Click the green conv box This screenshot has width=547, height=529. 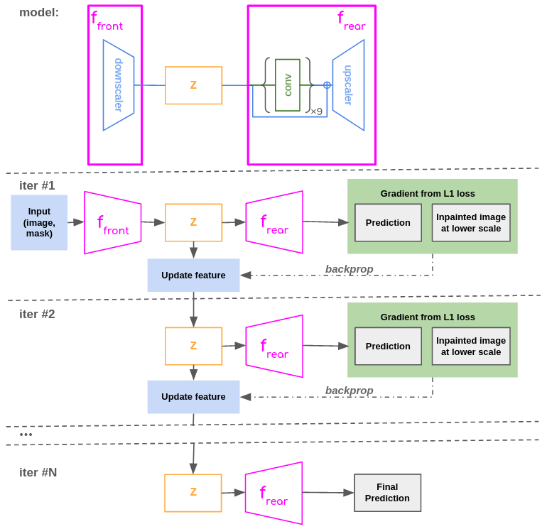point(287,85)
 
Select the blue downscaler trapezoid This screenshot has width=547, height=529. point(118,85)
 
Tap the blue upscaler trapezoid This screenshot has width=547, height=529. point(348,85)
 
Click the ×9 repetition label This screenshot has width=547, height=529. point(316,111)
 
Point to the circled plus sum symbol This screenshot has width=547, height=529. point(327,85)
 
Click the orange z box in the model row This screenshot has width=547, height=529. point(193,85)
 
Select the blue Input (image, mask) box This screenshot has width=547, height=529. point(39,222)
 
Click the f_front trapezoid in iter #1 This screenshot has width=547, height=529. point(112,222)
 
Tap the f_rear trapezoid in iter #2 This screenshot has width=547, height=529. point(274,346)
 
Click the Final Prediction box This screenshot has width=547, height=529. point(387,493)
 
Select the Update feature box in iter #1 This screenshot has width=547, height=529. point(193,275)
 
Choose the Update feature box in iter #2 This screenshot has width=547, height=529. point(193,397)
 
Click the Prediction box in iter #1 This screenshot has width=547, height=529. point(388,222)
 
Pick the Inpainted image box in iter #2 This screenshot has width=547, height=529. point(471,346)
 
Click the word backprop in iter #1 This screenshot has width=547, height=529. point(349,269)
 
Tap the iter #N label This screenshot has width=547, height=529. point(38,472)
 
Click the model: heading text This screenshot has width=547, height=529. point(39,12)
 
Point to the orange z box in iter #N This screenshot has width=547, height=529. point(193,493)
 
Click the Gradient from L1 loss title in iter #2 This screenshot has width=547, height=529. point(427,317)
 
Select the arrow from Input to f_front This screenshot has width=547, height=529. point(76,222)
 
